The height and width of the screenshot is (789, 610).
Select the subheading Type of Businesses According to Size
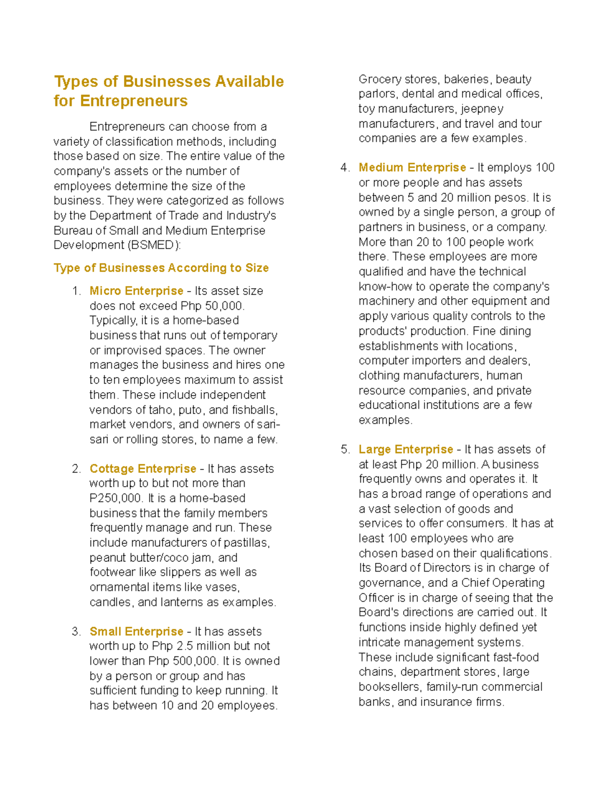tap(161, 268)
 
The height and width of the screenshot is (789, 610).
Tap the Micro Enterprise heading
tap(136, 291)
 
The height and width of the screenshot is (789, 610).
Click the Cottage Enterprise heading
tap(143, 468)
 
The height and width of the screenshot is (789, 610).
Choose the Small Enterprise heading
tap(136, 632)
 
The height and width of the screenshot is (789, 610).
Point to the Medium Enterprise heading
tap(412, 168)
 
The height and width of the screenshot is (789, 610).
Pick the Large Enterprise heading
tap(406, 449)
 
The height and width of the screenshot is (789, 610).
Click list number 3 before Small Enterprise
tap(76, 632)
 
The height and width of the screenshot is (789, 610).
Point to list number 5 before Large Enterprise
tap(346, 449)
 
